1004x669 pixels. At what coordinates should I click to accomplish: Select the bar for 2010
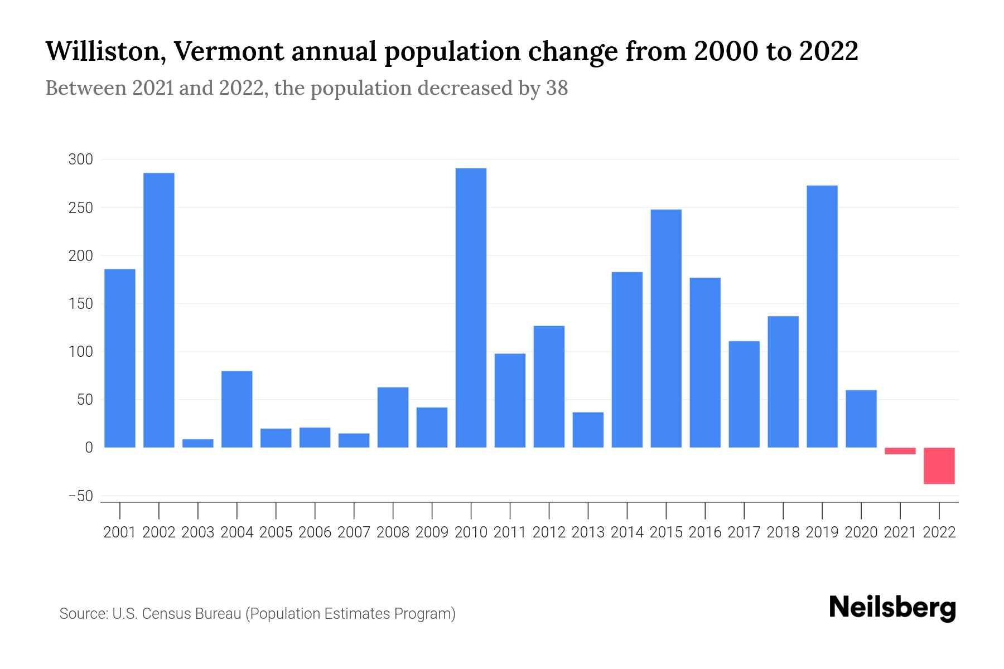tap(471, 308)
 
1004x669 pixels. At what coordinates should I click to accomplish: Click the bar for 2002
tap(159, 310)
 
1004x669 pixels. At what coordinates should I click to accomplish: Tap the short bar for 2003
tap(198, 443)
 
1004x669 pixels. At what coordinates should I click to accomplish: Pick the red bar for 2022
tap(939, 466)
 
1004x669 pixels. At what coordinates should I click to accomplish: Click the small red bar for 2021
tap(900, 450)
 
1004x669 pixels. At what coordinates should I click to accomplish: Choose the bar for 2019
tap(822, 316)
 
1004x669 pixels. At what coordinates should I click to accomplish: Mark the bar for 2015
tap(666, 328)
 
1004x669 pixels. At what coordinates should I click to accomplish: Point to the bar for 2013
tap(588, 429)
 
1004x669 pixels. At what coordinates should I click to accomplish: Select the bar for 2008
tap(393, 417)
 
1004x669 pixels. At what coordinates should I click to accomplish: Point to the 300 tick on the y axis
tap(80, 159)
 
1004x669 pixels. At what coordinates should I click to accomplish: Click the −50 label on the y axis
tap(80, 496)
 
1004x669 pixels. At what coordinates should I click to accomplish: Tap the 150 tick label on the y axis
tap(80, 304)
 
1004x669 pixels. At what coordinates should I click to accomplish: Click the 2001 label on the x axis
tap(120, 532)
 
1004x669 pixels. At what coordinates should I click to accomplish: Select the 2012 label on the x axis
tap(549, 532)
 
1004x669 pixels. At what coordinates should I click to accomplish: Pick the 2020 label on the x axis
tap(861, 532)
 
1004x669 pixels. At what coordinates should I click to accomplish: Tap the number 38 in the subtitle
tap(557, 88)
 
